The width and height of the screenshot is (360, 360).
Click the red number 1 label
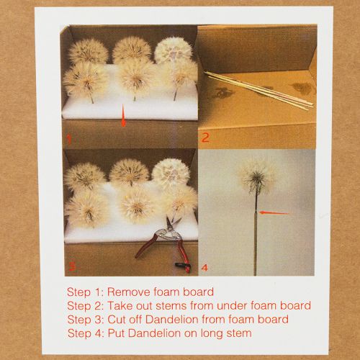click(x=69, y=137)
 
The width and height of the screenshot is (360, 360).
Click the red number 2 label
click(x=204, y=137)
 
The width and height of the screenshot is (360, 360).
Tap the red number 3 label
click(x=70, y=266)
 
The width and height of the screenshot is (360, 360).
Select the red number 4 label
click(x=205, y=267)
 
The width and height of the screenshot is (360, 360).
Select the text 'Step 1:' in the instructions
click(x=84, y=292)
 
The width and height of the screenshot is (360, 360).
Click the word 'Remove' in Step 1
click(x=127, y=292)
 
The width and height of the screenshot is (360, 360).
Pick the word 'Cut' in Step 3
click(x=117, y=319)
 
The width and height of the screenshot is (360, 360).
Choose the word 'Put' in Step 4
click(x=117, y=333)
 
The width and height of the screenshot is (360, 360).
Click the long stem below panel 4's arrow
click(x=256, y=245)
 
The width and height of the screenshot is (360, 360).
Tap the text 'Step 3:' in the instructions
click(x=85, y=319)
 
